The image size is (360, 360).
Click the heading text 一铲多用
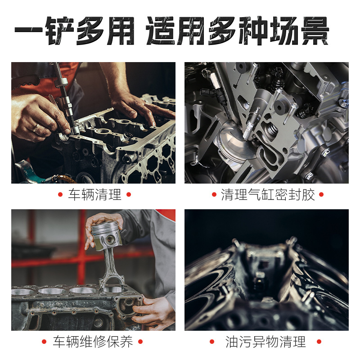point(74,31)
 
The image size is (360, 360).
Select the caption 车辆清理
point(94,195)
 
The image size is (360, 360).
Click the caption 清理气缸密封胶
point(268,195)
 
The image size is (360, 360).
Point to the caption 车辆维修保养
point(93,342)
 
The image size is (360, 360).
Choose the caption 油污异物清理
point(265,342)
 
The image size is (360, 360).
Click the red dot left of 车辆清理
point(60,195)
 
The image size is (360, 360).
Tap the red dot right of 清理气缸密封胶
point(321,195)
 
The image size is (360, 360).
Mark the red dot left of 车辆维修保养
point(44,342)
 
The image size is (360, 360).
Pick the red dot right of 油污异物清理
point(319,342)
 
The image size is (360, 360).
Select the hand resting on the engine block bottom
point(153,310)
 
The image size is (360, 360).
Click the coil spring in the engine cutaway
point(271,130)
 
